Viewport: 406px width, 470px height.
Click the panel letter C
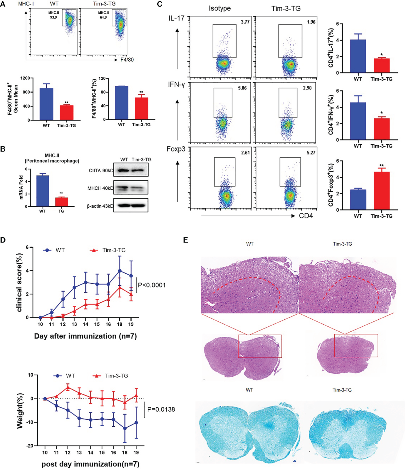pos(160,4)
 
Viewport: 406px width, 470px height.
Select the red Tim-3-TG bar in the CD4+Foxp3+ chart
pos(381,191)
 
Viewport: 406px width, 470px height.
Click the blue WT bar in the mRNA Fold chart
pos(43,191)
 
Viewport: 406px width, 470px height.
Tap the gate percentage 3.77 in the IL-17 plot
pos(245,22)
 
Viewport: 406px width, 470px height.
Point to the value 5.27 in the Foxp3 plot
pos(311,153)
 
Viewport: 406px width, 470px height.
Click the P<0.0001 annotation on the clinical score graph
pos(152,285)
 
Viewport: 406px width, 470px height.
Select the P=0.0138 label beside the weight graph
pos(161,409)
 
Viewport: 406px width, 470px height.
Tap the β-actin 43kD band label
pos(100,206)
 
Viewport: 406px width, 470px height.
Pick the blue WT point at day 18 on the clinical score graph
pos(120,271)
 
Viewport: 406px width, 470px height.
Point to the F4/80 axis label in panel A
pos(127,60)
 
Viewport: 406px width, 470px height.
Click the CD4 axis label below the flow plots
pos(306,216)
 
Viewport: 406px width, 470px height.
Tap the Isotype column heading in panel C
pos(220,8)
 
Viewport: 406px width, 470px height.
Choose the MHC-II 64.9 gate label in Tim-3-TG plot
pos(103,15)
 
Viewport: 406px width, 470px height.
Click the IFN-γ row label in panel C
pos(176,85)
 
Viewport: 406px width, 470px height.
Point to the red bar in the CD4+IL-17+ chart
pos(381,65)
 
